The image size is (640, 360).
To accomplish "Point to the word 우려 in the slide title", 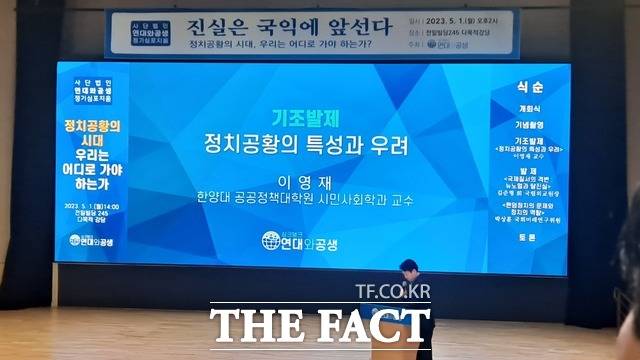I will coord(389,146).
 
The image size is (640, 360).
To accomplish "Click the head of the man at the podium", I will coord(409,268).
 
